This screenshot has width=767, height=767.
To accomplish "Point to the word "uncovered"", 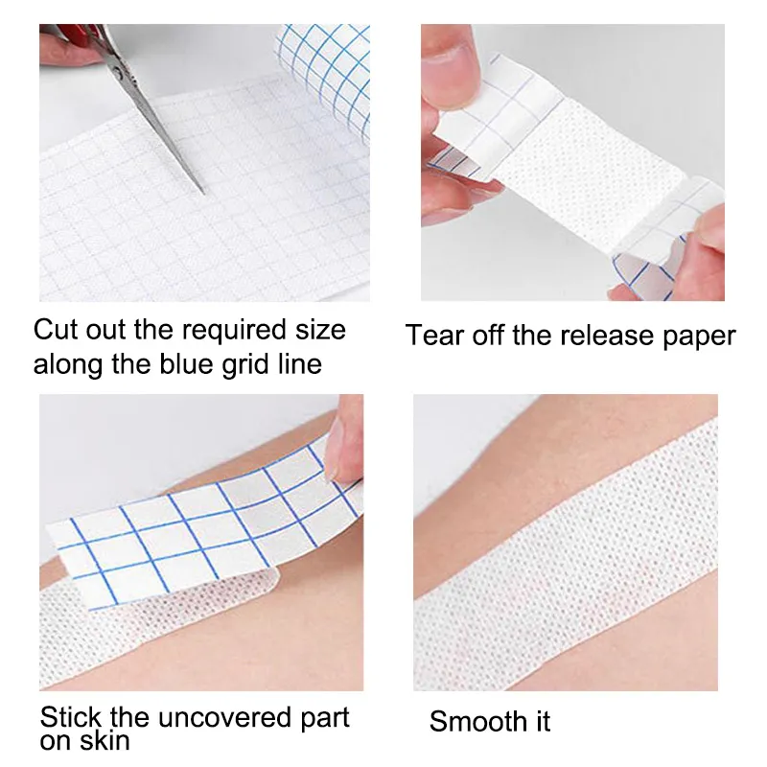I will (214, 718).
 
